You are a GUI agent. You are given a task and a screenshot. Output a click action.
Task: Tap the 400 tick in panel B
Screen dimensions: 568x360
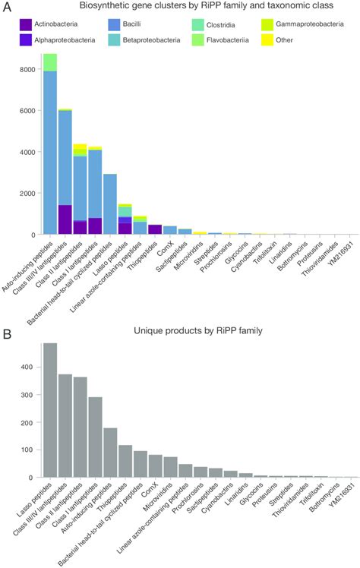pos(29,367)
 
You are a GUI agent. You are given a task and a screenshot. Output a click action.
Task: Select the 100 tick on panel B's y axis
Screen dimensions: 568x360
pos(29,450)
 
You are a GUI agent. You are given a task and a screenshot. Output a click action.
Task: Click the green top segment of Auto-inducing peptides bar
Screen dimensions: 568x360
pos(50,62)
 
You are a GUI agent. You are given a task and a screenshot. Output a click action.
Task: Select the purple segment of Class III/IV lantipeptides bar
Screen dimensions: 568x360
pos(65,219)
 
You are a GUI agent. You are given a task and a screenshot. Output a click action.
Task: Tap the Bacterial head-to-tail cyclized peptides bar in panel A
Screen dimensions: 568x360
pos(110,204)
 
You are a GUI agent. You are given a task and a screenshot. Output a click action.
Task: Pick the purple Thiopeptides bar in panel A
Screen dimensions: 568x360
pos(155,229)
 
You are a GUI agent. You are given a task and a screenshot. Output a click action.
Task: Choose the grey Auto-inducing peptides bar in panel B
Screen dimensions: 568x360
pos(110,453)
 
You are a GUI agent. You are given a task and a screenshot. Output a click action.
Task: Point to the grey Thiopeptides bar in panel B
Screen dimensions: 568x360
pos(125,461)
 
